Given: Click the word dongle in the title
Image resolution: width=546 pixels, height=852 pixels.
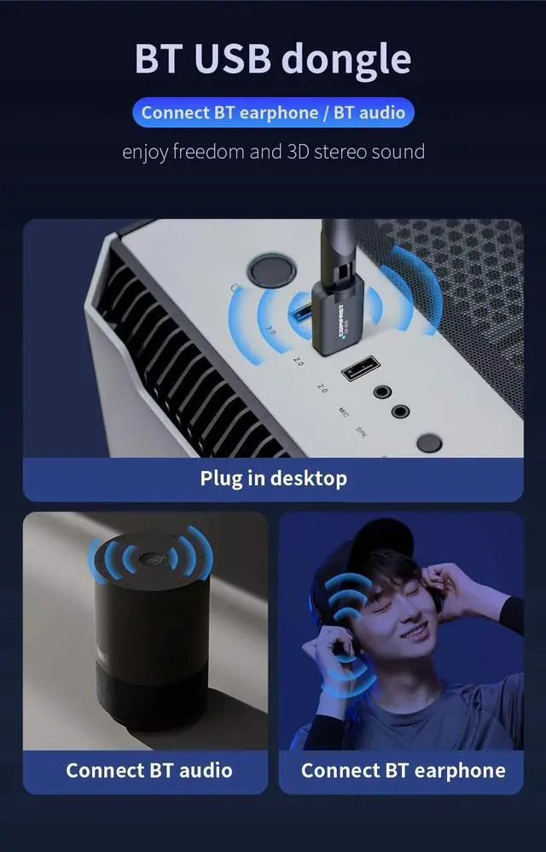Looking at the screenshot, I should [x=346, y=59].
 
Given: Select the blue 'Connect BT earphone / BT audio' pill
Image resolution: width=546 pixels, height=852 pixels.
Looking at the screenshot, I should [x=273, y=113].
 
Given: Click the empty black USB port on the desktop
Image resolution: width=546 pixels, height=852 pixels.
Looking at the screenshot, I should [x=357, y=370].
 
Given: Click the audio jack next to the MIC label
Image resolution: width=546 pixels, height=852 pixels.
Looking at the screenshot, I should [x=380, y=392].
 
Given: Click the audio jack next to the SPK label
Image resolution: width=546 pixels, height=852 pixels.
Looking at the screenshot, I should [x=400, y=412].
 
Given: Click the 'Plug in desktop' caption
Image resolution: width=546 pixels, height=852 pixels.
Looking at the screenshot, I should [x=273, y=478].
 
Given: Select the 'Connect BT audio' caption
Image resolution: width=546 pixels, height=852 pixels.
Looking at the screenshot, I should [x=149, y=770].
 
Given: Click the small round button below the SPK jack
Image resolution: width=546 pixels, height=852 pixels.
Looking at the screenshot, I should [x=429, y=443].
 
